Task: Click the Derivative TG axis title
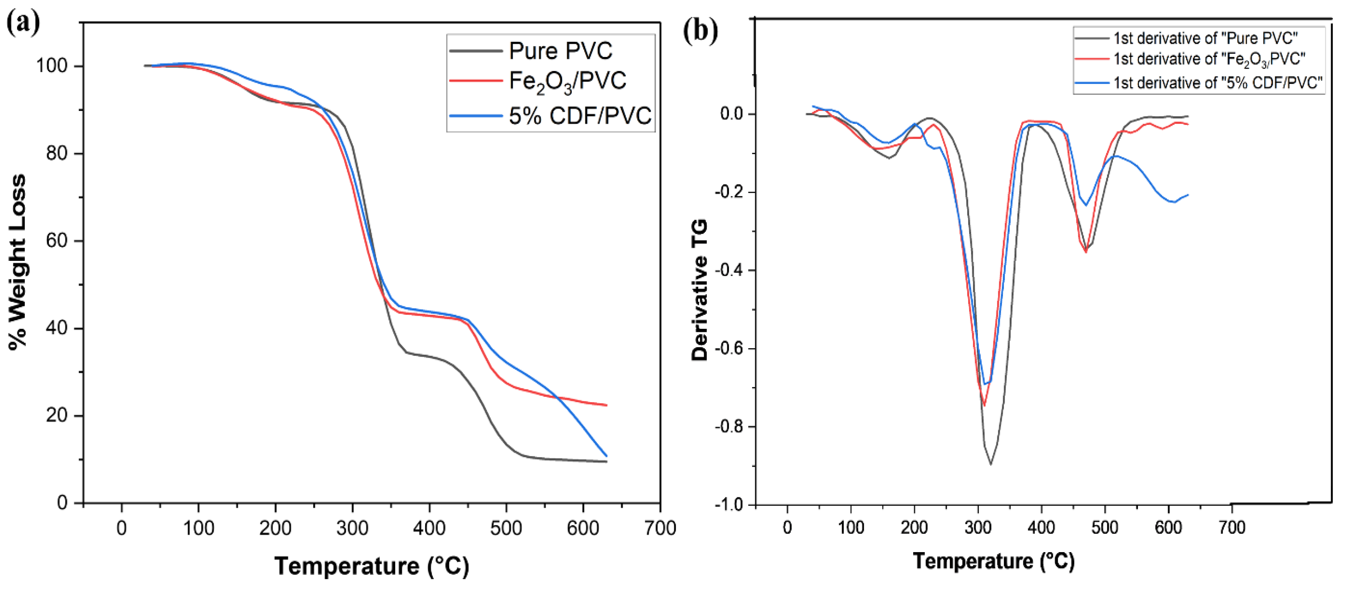pyautogui.click(x=700, y=291)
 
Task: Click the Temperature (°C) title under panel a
pyautogui.click(x=372, y=566)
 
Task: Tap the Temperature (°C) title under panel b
pyautogui.click(x=994, y=561)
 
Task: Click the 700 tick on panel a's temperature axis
pyautogui.click(x=660, y=528)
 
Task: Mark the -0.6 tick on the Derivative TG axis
pyautogui.click(x=730, y=348)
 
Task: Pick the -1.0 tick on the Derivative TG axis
pyautogui.click(x=730, y=504)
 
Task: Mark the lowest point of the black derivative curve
pyautogui.click(x=991, y=464)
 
